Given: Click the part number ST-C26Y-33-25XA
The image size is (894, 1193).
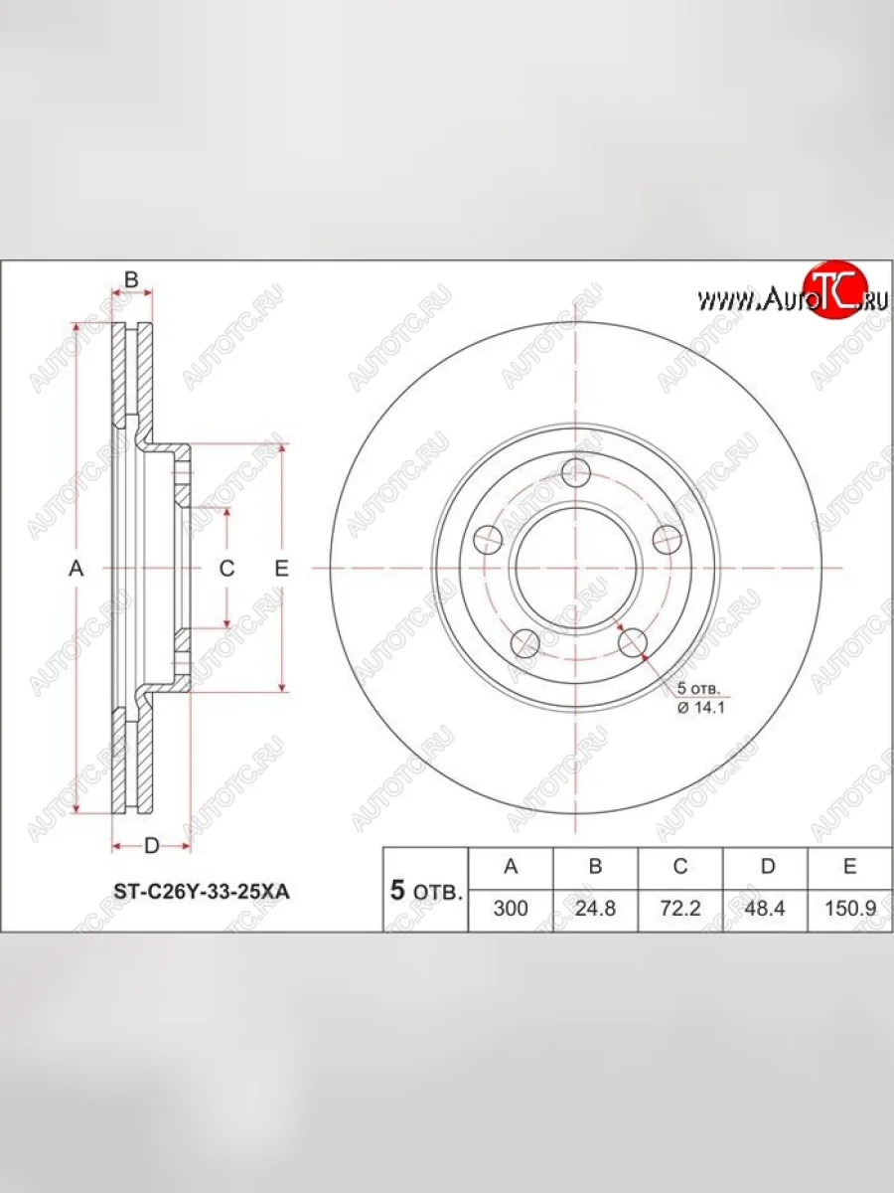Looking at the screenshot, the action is (x=202, y=892).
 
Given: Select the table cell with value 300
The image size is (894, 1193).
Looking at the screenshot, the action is (x=511, y=909).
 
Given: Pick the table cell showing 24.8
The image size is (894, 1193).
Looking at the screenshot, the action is (x=595, y=909).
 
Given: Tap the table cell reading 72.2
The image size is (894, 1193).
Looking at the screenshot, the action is (x=680, y=909).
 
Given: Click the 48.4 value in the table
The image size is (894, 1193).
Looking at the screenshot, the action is (x=765, y=909).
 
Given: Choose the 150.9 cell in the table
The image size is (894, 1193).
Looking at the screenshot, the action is (x=850, y=909).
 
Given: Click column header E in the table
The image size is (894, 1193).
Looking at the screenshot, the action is (x=850, y=866).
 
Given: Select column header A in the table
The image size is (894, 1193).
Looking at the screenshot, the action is (x=511, y=866).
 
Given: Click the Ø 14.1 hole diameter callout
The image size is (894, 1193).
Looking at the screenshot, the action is (x=701, y=708).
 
